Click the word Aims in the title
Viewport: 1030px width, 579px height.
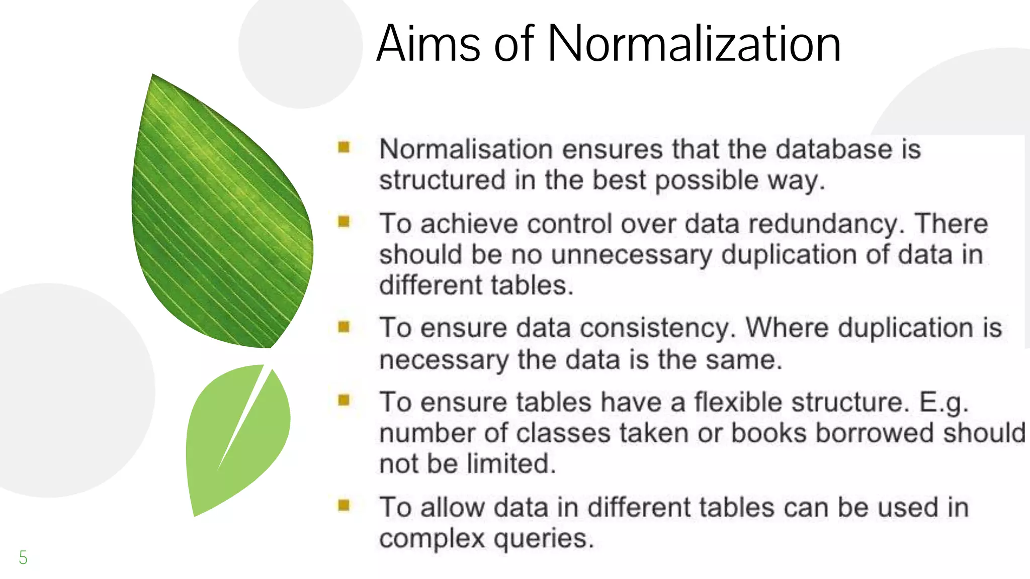(428, 44)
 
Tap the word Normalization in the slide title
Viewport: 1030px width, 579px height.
(694, 44)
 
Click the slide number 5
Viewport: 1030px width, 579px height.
(23, 557)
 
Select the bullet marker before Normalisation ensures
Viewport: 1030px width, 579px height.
(344, 147)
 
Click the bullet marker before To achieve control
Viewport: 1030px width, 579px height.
(344, 221)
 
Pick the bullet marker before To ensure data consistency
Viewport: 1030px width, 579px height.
(344, 327)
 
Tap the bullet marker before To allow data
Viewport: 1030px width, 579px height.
(344, 505)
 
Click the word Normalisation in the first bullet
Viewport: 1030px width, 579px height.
(466, 149)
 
